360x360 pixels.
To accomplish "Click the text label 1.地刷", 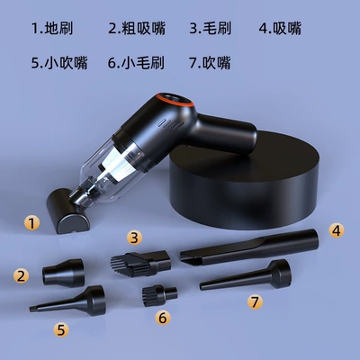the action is coord(52,29).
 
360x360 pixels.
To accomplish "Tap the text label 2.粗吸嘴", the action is coord(137,29).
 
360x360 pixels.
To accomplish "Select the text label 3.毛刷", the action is coord(211,29).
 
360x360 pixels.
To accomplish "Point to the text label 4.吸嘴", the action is coord(280,29).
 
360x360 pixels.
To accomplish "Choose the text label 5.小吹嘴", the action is coord(59,63).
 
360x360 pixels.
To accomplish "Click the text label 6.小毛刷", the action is coord(136,63).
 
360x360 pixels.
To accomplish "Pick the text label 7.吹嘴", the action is coord(210,63).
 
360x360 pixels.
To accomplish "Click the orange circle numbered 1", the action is coord(32,223).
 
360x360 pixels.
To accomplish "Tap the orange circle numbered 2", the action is coord(21,275).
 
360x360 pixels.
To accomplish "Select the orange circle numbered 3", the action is coord(134,238).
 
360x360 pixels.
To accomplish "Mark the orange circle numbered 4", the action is coord(337,230).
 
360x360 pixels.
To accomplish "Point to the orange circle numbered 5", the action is coord(61,329).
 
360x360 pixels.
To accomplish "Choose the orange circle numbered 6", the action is coord(163,318).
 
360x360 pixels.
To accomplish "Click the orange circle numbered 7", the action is coord(255,301).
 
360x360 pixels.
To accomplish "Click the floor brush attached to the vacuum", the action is coord(67,213).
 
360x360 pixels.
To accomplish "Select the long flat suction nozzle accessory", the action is coord(249,247).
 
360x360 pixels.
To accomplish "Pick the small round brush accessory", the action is coord(159,295).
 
